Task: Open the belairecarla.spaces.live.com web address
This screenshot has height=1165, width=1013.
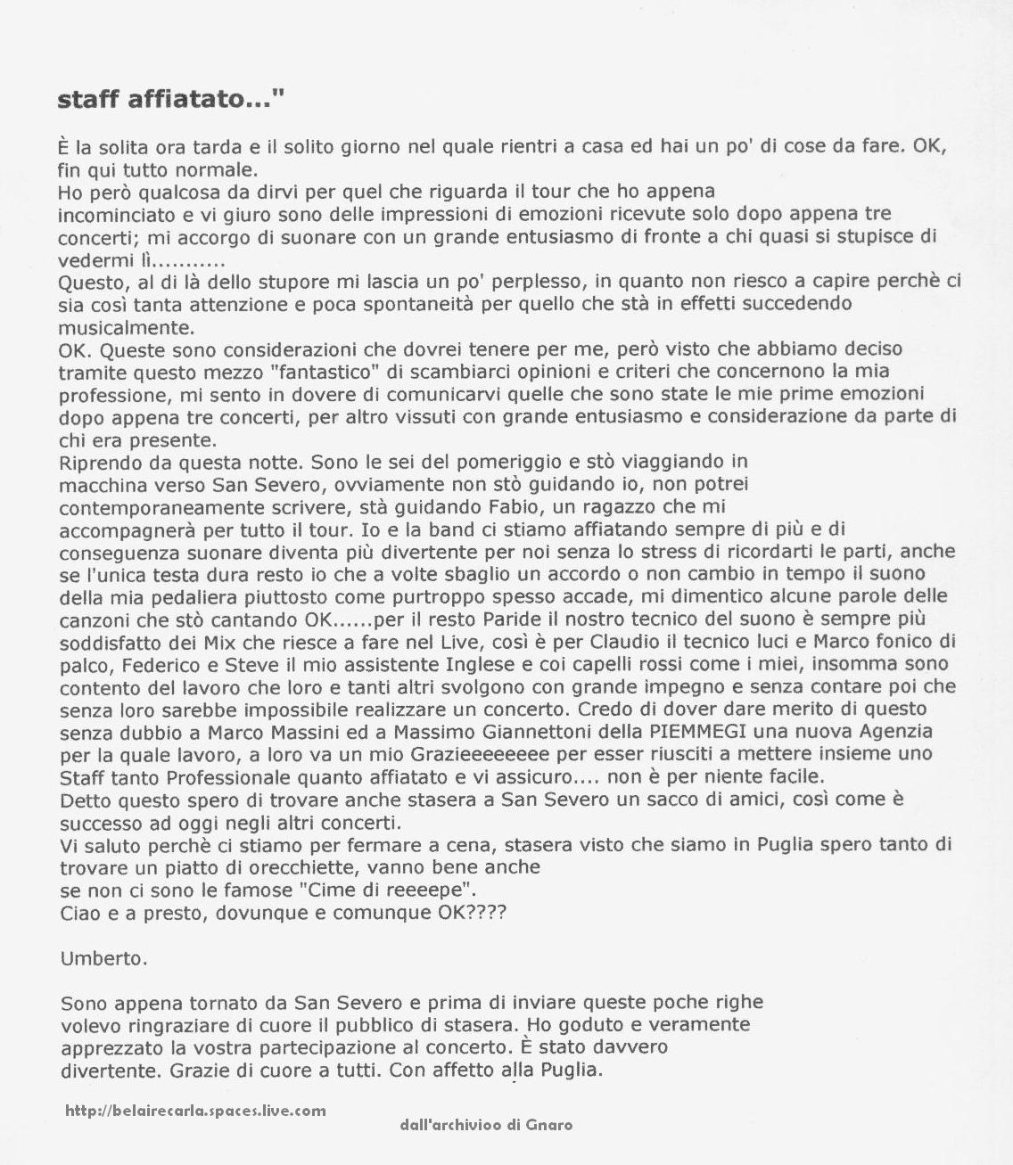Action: (x=195, y=1111)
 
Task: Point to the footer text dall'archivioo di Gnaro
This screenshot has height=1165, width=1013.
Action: (x=486, y=1125)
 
